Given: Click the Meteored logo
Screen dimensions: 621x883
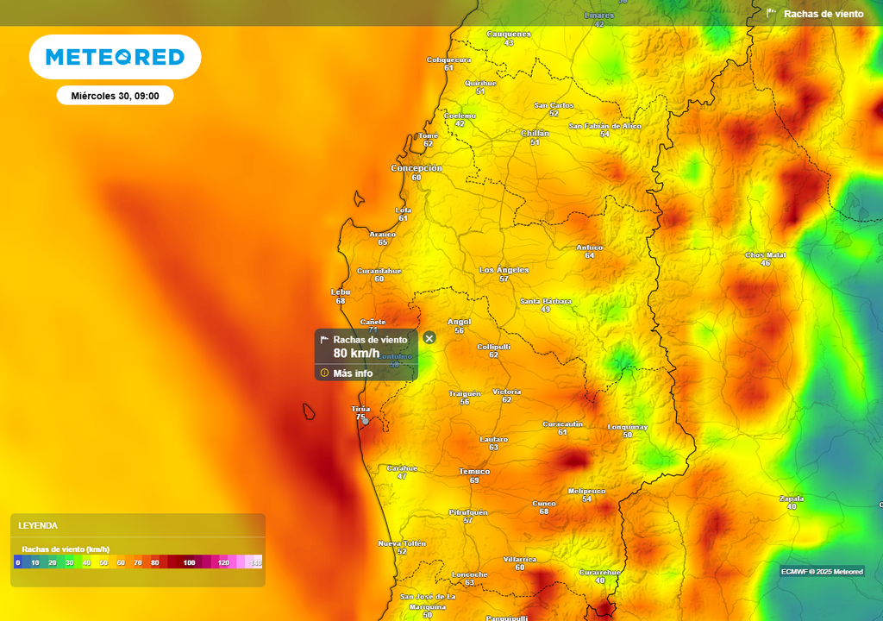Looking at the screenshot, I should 115,58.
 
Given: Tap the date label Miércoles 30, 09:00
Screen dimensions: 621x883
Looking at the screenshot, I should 115,96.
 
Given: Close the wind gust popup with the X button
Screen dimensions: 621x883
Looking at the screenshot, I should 429,338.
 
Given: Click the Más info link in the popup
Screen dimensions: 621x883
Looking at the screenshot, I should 353,373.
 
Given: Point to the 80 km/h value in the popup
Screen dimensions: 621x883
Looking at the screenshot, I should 356,353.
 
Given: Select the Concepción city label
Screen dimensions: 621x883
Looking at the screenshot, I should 416,168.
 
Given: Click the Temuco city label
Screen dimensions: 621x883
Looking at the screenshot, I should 474,472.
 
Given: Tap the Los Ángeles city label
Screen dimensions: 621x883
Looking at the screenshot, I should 504,270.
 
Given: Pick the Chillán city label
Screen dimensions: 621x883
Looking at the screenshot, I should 535,133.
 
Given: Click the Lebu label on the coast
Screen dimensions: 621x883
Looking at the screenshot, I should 341,292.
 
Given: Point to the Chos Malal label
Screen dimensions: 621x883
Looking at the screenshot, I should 765,254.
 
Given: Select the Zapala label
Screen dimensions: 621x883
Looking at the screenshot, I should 791,498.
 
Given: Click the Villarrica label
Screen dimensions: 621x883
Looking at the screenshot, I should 519,559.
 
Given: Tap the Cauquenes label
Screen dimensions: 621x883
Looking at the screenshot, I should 509,34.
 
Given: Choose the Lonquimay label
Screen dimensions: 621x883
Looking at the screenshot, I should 627,427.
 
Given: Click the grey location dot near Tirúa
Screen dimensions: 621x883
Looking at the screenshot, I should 366,421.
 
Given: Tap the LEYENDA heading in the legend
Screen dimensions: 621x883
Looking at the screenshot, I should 38,525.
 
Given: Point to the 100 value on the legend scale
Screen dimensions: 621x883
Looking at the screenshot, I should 189,562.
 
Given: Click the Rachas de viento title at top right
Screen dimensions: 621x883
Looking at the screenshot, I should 824,14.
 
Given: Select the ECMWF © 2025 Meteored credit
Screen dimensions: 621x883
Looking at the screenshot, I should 822,571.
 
